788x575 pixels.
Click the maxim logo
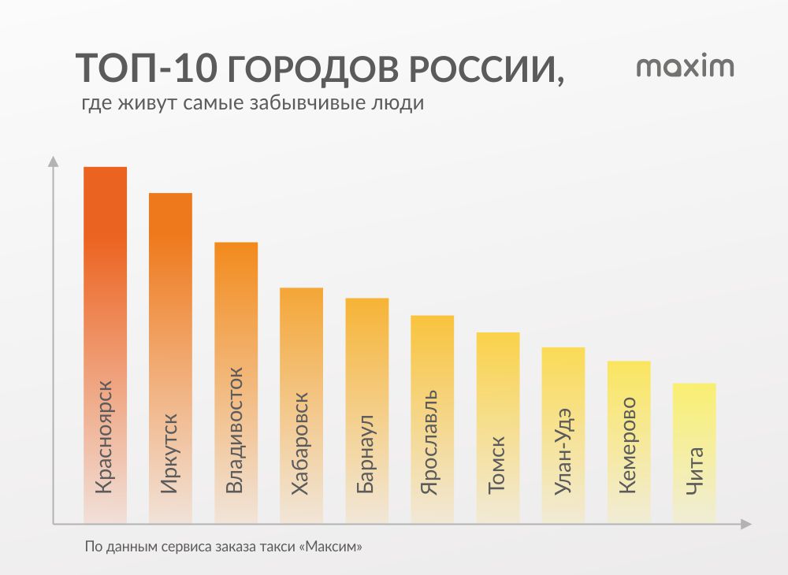click(x=685, y=67)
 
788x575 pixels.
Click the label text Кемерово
click(x=628, y=445)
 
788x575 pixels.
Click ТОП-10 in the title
click(x=145, y=69)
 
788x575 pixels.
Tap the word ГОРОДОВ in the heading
click(x=315, y=69)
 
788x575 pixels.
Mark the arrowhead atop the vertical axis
click(x=53, y=161)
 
